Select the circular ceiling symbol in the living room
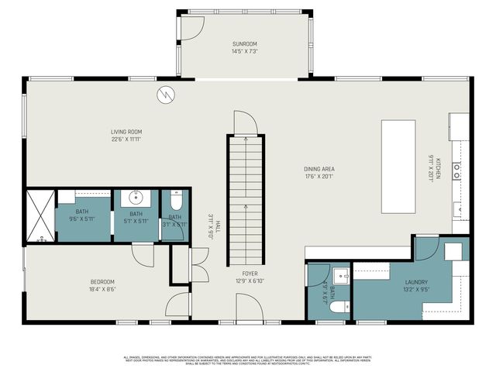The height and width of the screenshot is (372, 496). point(167,95)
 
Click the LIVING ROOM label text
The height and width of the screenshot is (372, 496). point(126,132)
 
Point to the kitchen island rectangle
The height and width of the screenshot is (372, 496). point(398,167)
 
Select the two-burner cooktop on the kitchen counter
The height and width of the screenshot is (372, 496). point(457,170)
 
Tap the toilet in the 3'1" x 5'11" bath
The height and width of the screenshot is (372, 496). point(176,199)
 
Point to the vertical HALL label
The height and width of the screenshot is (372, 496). point(219,226)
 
